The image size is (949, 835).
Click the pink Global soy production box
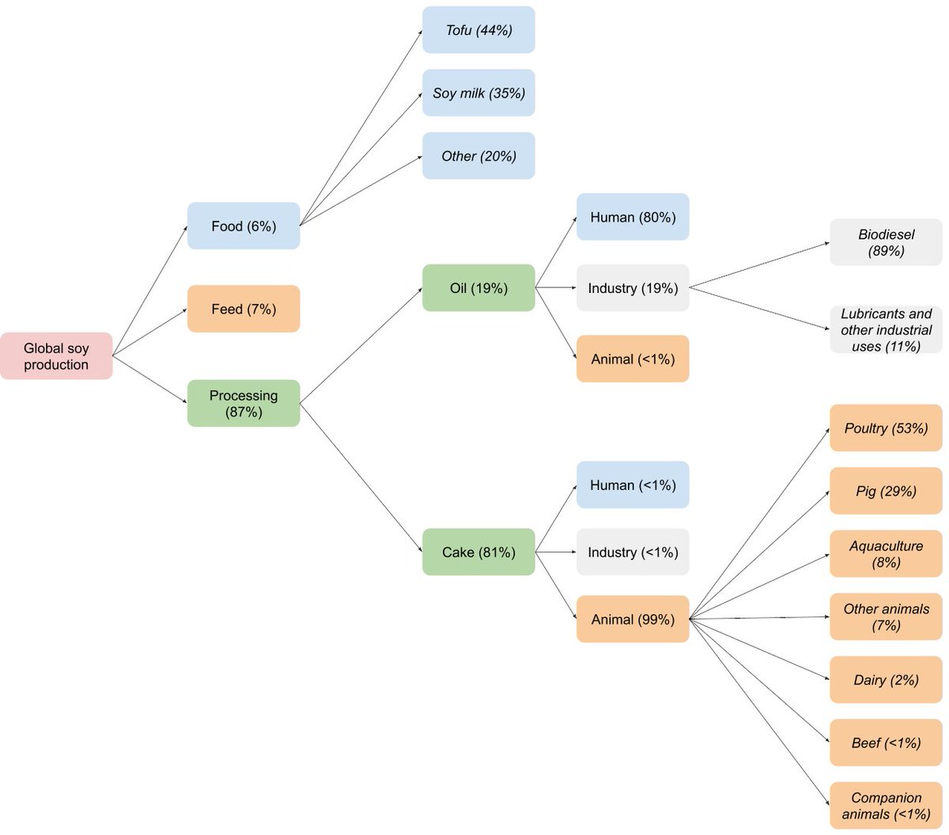[56, 356]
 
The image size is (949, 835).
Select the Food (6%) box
[244, 226]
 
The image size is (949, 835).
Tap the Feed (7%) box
[244, 309]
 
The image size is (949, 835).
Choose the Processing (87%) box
[244, 403]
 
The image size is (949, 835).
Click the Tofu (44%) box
[478, 29]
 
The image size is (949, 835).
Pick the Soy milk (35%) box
[478, 93]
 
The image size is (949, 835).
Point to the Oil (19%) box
[478, 287]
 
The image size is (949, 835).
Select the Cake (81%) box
[478, 552]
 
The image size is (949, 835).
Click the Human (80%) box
[633, 217]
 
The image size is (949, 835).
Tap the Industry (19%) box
[633, 287]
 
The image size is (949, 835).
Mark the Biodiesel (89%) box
[887, 242]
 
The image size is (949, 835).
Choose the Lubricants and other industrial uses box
[887, 329]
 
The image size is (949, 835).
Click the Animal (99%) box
[633, 619]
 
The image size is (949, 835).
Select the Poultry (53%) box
[887, 427]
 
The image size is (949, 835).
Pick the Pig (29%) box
[887, 491]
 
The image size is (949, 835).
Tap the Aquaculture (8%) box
[887, 554]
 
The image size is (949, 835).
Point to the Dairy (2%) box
[887, 679]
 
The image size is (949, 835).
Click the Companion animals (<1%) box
[887, 806]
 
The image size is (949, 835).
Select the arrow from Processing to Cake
[361, 478]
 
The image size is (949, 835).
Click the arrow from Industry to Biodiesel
[759, 265]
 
